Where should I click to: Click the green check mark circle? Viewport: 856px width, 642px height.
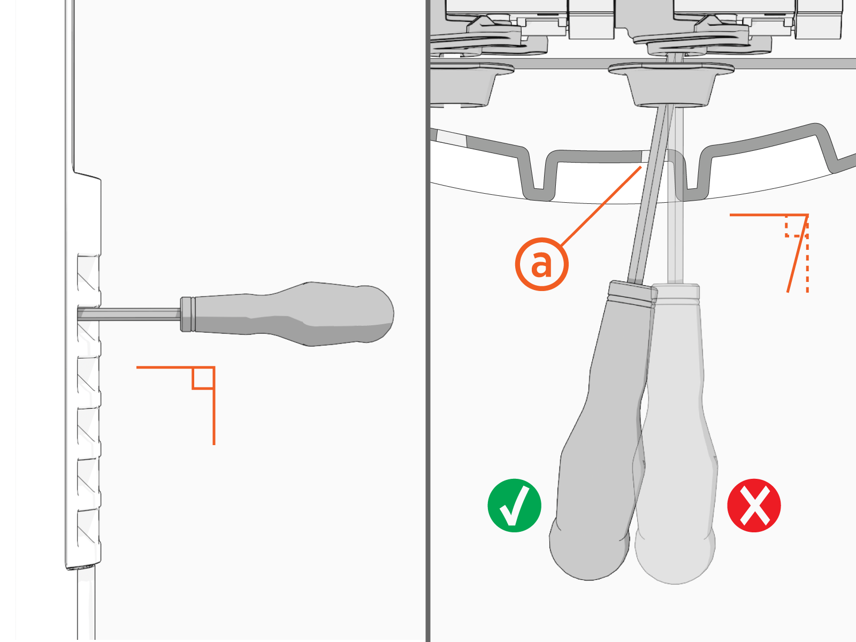(x=514, y=505)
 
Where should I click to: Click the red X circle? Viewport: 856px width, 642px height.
(x=754, y=505)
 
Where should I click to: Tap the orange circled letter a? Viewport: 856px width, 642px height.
(x=541, y=264)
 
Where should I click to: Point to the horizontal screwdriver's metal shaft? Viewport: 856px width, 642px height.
(x=129, y=314)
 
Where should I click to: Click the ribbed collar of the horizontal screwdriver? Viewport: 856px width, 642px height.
(x=188, y=314)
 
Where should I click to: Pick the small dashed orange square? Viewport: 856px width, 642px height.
(x=796, y=226)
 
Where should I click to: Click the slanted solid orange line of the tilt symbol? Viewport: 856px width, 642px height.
(x=798, y=254)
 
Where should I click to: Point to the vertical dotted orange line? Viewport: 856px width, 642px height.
(x=807, y=254)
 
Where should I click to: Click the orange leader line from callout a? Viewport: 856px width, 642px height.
(x=601, y=206)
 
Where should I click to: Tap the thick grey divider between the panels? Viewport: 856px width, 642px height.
(x=428, y=321)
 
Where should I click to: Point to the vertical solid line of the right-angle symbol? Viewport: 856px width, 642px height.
(x=214, y=406)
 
